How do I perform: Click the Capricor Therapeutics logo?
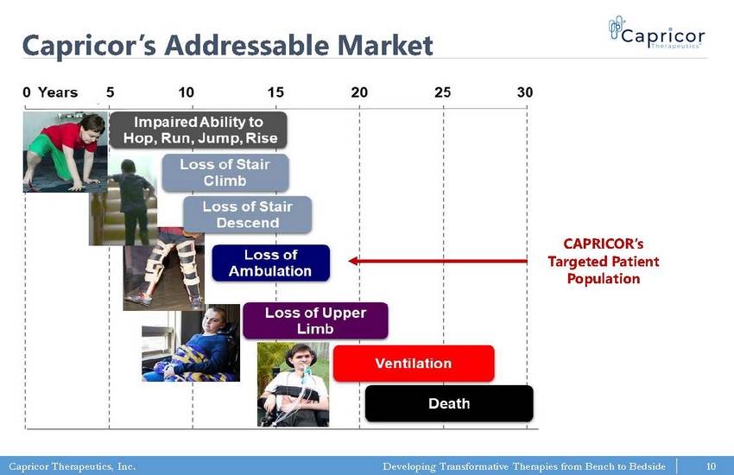click(656, 33)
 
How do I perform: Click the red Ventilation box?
click(414, 364)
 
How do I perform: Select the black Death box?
click(449, 403)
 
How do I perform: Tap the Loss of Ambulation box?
click(270, 263)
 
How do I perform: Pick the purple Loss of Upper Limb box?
click(315, 320)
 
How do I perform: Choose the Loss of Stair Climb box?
click(225, 173)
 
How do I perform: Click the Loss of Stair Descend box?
click(247, 214)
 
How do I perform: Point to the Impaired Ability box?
click(198, 130)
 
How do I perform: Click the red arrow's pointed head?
click(350, 261)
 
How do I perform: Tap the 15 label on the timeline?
click(275, 92)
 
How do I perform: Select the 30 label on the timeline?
click(525, 92)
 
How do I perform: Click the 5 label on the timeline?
click(110, 92)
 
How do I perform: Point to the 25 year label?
click(442, 92)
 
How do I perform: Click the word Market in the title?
click(385, 46)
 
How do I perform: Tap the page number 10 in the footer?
click(711, 466)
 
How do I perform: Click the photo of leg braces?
click(164, 269)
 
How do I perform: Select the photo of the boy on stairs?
click(123, 201)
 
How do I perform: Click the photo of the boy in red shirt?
click(65, 152)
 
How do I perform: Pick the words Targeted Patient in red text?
click(604, 261)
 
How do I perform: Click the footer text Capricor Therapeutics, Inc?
click(72, 466)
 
